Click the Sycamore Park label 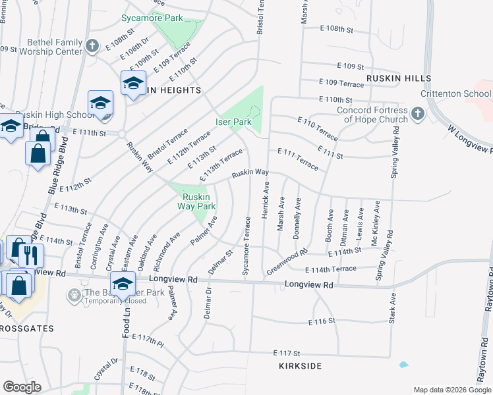pos(152,18)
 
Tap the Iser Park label pos(233,122)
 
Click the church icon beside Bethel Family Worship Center pos(93,46)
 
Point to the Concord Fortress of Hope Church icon pos(417,115)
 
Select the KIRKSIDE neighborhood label pos(300,365)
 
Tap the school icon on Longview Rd pos(123,284)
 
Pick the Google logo pos(22,387)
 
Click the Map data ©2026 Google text pos(452,390)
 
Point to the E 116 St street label pos(322,322)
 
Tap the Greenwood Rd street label pos(287,262)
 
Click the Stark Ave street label pos(391,311)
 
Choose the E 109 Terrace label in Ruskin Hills pos(341,84)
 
